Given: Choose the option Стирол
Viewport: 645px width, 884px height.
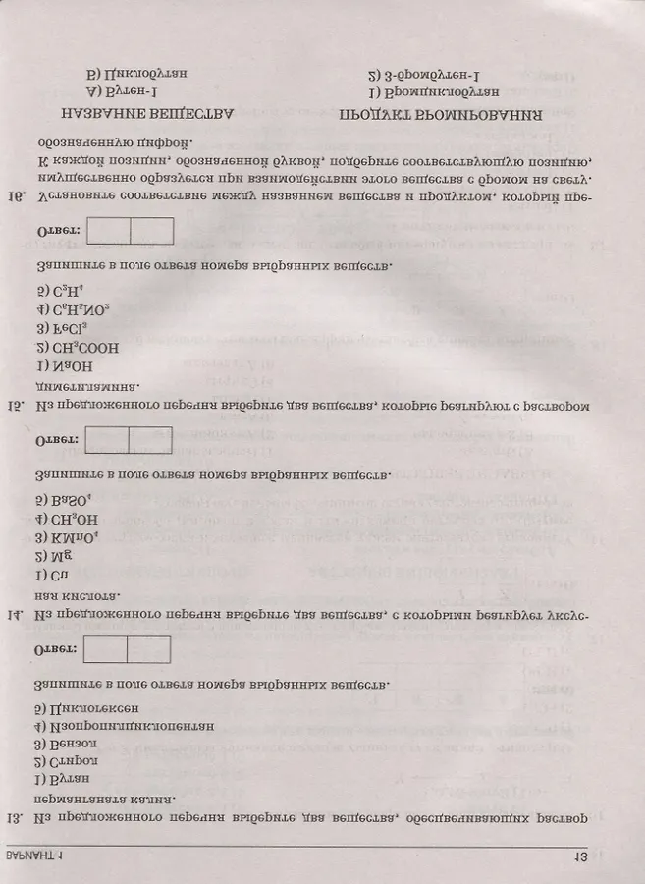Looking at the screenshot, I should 56,761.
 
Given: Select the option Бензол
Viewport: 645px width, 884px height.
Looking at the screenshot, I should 56,744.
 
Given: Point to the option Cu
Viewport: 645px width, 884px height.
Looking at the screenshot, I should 49,574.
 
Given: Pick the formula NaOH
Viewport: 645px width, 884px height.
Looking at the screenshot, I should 62,364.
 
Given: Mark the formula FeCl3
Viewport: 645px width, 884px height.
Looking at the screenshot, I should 60,329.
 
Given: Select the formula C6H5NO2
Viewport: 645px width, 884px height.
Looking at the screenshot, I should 72,311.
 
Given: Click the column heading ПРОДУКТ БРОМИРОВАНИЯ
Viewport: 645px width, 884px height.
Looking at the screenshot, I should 441,115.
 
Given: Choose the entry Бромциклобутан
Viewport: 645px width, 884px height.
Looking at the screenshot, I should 433,91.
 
